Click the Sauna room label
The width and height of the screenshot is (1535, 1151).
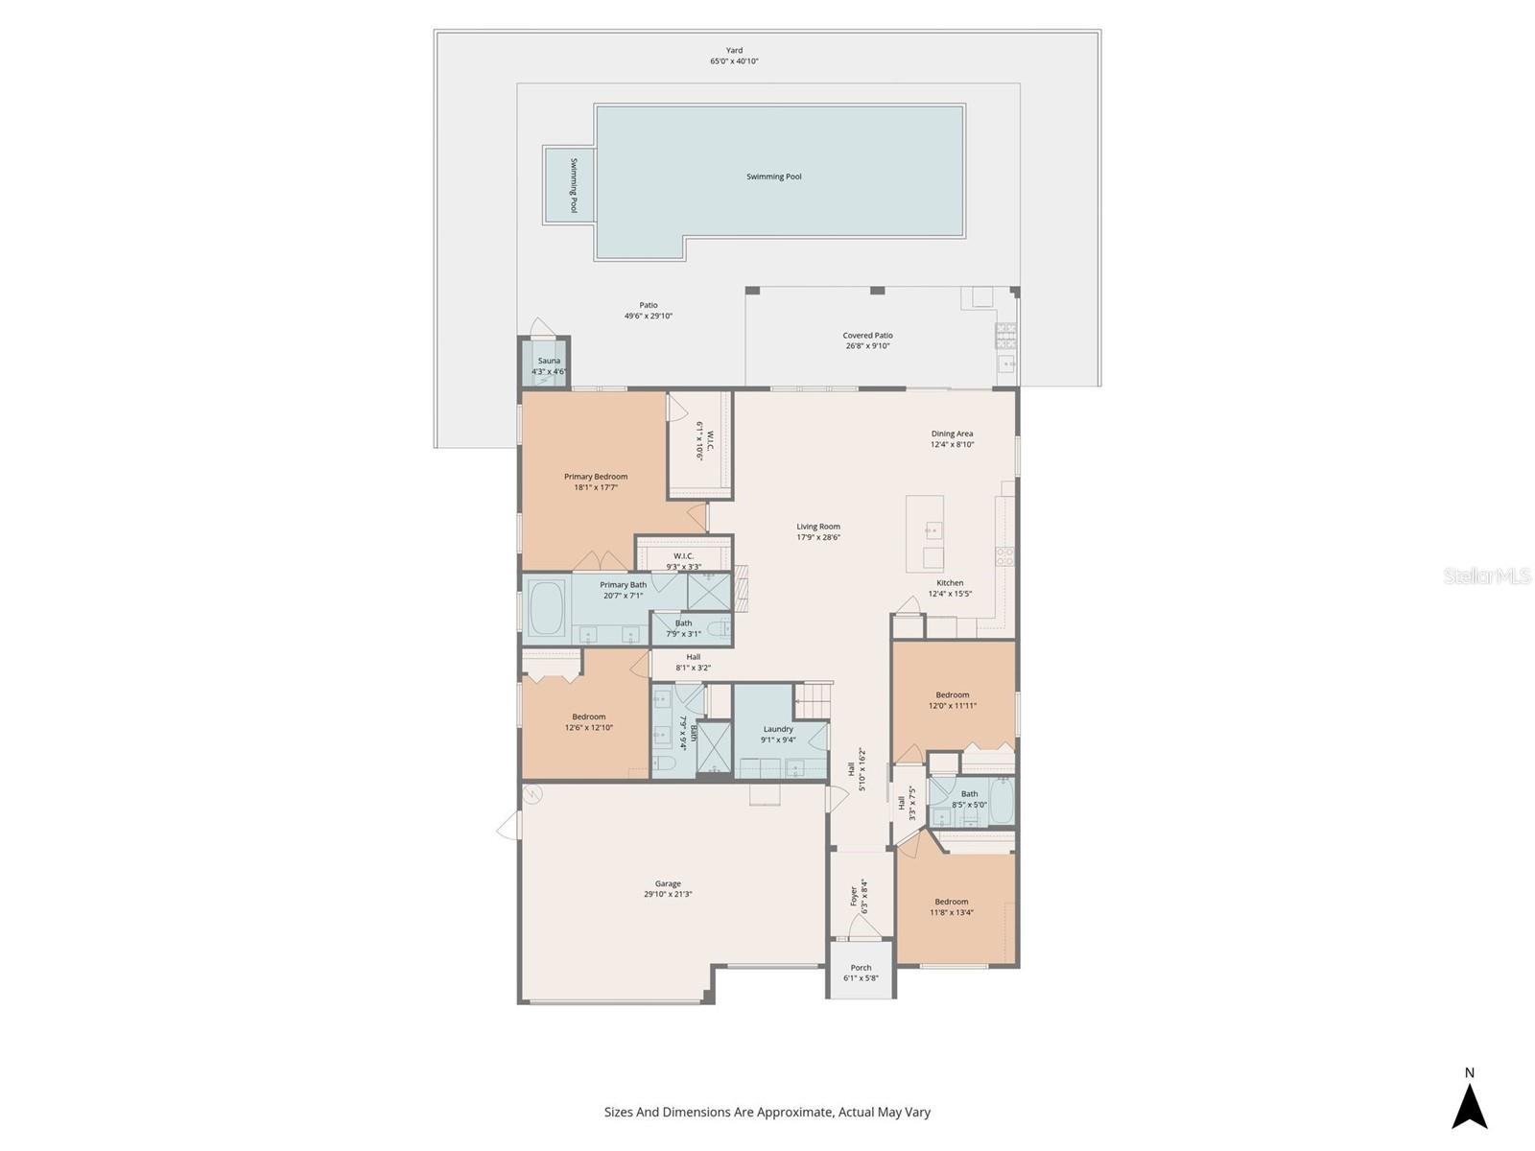pos(549,361)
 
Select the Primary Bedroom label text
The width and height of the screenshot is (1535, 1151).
pos(596,477)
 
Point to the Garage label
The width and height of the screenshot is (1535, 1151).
pos(668,883)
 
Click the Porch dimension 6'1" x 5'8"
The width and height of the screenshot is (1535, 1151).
pos(861,978)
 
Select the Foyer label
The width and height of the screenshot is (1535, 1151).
pos(853,897)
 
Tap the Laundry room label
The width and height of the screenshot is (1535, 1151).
pos(778,729)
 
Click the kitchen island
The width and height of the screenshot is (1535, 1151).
pos(925,533)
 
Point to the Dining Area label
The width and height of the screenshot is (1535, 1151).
pos(952,434)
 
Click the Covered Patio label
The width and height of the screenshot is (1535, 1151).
pos(867,336)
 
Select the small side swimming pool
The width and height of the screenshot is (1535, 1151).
pos(569,185)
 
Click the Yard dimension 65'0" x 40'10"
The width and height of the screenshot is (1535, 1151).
pos(734,61)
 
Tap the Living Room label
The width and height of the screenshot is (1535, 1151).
pos(818,527)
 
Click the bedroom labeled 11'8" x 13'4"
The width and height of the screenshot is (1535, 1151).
pos(952,906)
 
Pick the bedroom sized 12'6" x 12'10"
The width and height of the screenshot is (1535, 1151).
pos(588,721)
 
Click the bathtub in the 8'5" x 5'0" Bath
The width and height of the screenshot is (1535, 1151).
pos(1002,802)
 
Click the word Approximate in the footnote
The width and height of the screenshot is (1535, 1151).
pos(792,1113)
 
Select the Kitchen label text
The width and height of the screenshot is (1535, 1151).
pos(950,583)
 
